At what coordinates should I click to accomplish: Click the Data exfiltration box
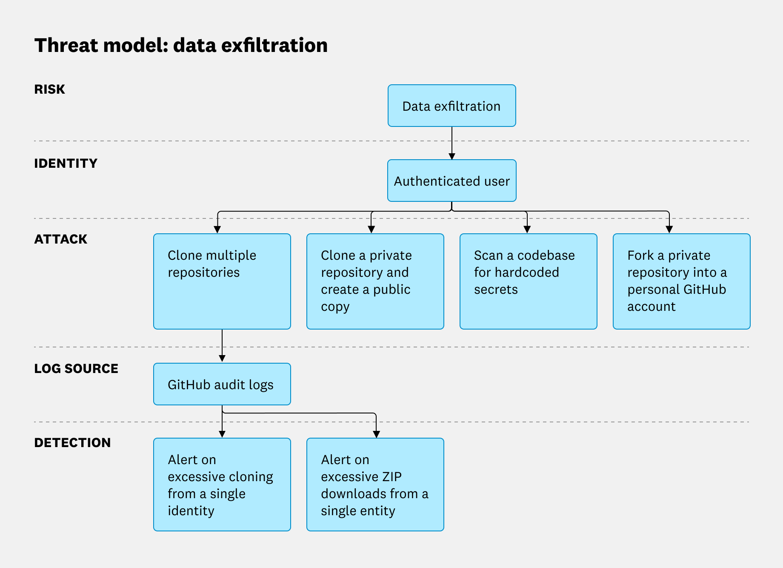452,106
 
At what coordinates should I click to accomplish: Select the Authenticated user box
452,181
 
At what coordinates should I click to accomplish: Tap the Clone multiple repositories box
222,281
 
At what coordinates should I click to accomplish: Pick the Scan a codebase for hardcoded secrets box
528,281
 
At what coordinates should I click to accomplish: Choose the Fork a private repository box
681,281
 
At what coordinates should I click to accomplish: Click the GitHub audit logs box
222,384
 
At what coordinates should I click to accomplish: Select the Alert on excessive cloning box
222,485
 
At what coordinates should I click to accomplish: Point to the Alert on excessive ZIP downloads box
375,485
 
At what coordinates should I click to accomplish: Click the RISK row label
49,89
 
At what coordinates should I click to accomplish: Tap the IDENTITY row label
66,164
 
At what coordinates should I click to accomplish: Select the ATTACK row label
60,239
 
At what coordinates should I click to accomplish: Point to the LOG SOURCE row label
76,369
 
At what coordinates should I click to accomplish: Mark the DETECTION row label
72,443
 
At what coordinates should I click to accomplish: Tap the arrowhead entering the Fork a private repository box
669,229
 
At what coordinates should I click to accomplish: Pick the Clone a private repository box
375,281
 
